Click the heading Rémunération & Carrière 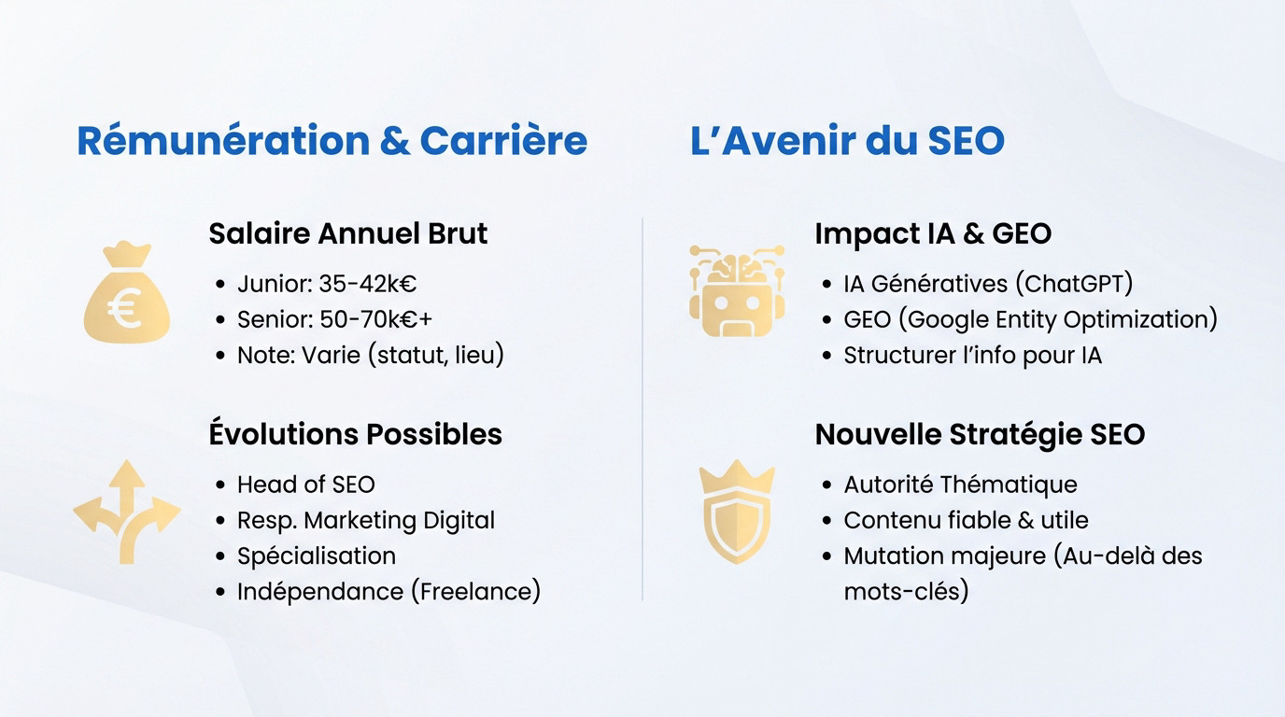(x=332, y=141)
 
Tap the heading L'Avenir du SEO (x=847, y=141)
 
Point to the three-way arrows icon (x=127, y=512)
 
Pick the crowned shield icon (x=736, y=512)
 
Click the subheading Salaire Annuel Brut (x=347, y=233)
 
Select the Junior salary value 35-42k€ (x=367, y=284)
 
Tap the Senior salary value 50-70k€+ (x=375, y=319)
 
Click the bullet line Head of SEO (x=305, y=485)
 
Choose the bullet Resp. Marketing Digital (x=365, y=520)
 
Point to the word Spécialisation (x=316, y=555)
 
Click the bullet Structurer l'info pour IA (x=972, y=356)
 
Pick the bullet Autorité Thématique (x=960, y=485)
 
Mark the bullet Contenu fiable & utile (x=966, y=520)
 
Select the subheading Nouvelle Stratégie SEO (x=980, y=434)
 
